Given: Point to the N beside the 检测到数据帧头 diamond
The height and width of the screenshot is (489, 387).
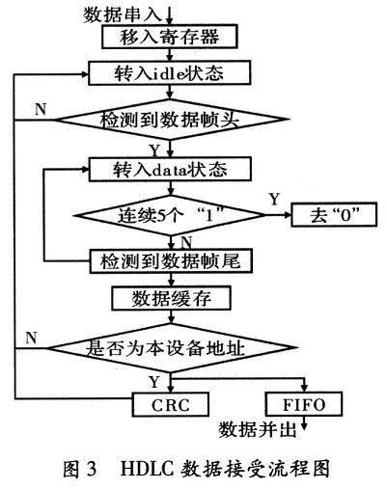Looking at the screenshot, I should click(40, 107).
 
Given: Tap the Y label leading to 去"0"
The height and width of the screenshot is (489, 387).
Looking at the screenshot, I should click(273, 199).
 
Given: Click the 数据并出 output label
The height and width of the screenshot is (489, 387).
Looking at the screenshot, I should click(259, 426).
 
